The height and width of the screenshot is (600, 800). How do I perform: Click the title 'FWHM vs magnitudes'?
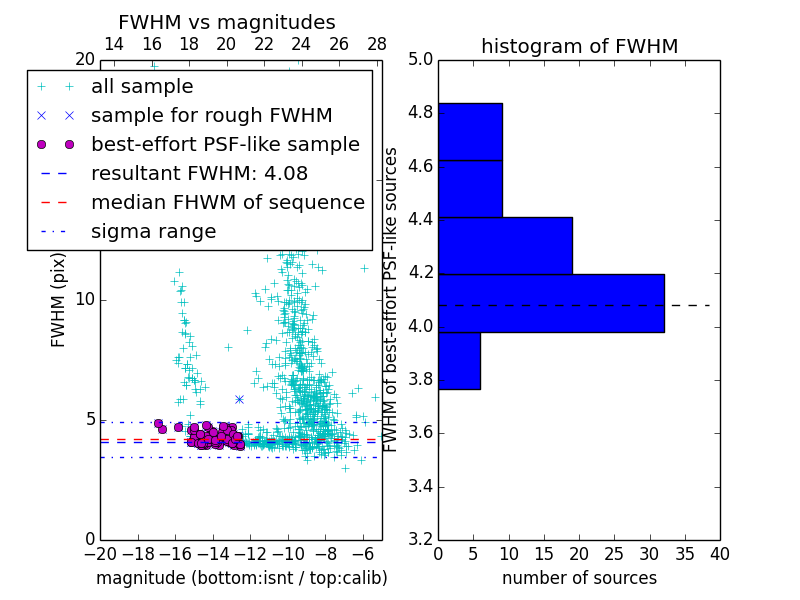227,23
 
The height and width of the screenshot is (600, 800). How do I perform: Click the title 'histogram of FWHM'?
579,46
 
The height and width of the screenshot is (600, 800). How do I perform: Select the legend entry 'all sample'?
142,87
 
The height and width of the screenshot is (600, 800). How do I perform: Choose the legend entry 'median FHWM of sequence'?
227,202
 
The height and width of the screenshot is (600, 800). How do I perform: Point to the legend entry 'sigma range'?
153,231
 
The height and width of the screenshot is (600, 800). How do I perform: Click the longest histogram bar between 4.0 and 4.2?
551,303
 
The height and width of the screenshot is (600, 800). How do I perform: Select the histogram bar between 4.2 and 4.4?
505,246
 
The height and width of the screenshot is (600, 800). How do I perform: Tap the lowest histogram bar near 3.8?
459,361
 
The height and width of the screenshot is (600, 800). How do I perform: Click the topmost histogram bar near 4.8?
470,131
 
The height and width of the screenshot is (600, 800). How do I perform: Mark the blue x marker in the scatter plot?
239,399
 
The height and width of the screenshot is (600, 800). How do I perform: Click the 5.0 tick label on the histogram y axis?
420,59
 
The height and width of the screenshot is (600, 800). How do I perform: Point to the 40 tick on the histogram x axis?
719,554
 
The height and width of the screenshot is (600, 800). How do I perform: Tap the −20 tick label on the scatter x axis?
99,554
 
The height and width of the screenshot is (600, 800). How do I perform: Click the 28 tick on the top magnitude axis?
377,44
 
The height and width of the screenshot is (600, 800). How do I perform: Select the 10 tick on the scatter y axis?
84,299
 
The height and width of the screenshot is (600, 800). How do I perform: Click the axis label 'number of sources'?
579,578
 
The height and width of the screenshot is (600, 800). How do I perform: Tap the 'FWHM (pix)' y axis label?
59,299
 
